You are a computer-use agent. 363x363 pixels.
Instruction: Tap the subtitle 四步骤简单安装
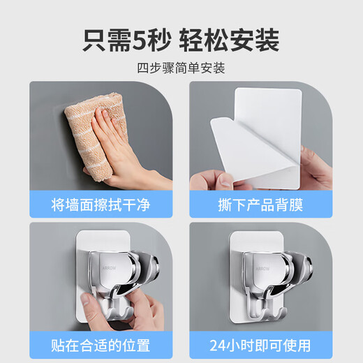pos(181,68)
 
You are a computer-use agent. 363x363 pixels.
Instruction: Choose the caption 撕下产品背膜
pos(261,205)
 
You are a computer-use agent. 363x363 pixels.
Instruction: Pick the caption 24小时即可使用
pos(261,345)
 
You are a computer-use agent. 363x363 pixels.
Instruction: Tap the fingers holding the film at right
pos(318,168)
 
